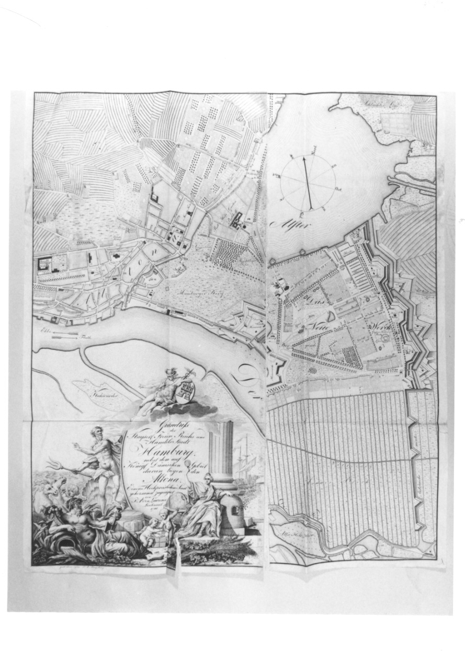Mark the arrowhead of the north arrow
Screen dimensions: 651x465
pos(304,158)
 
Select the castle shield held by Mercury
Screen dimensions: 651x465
pos(187,389)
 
